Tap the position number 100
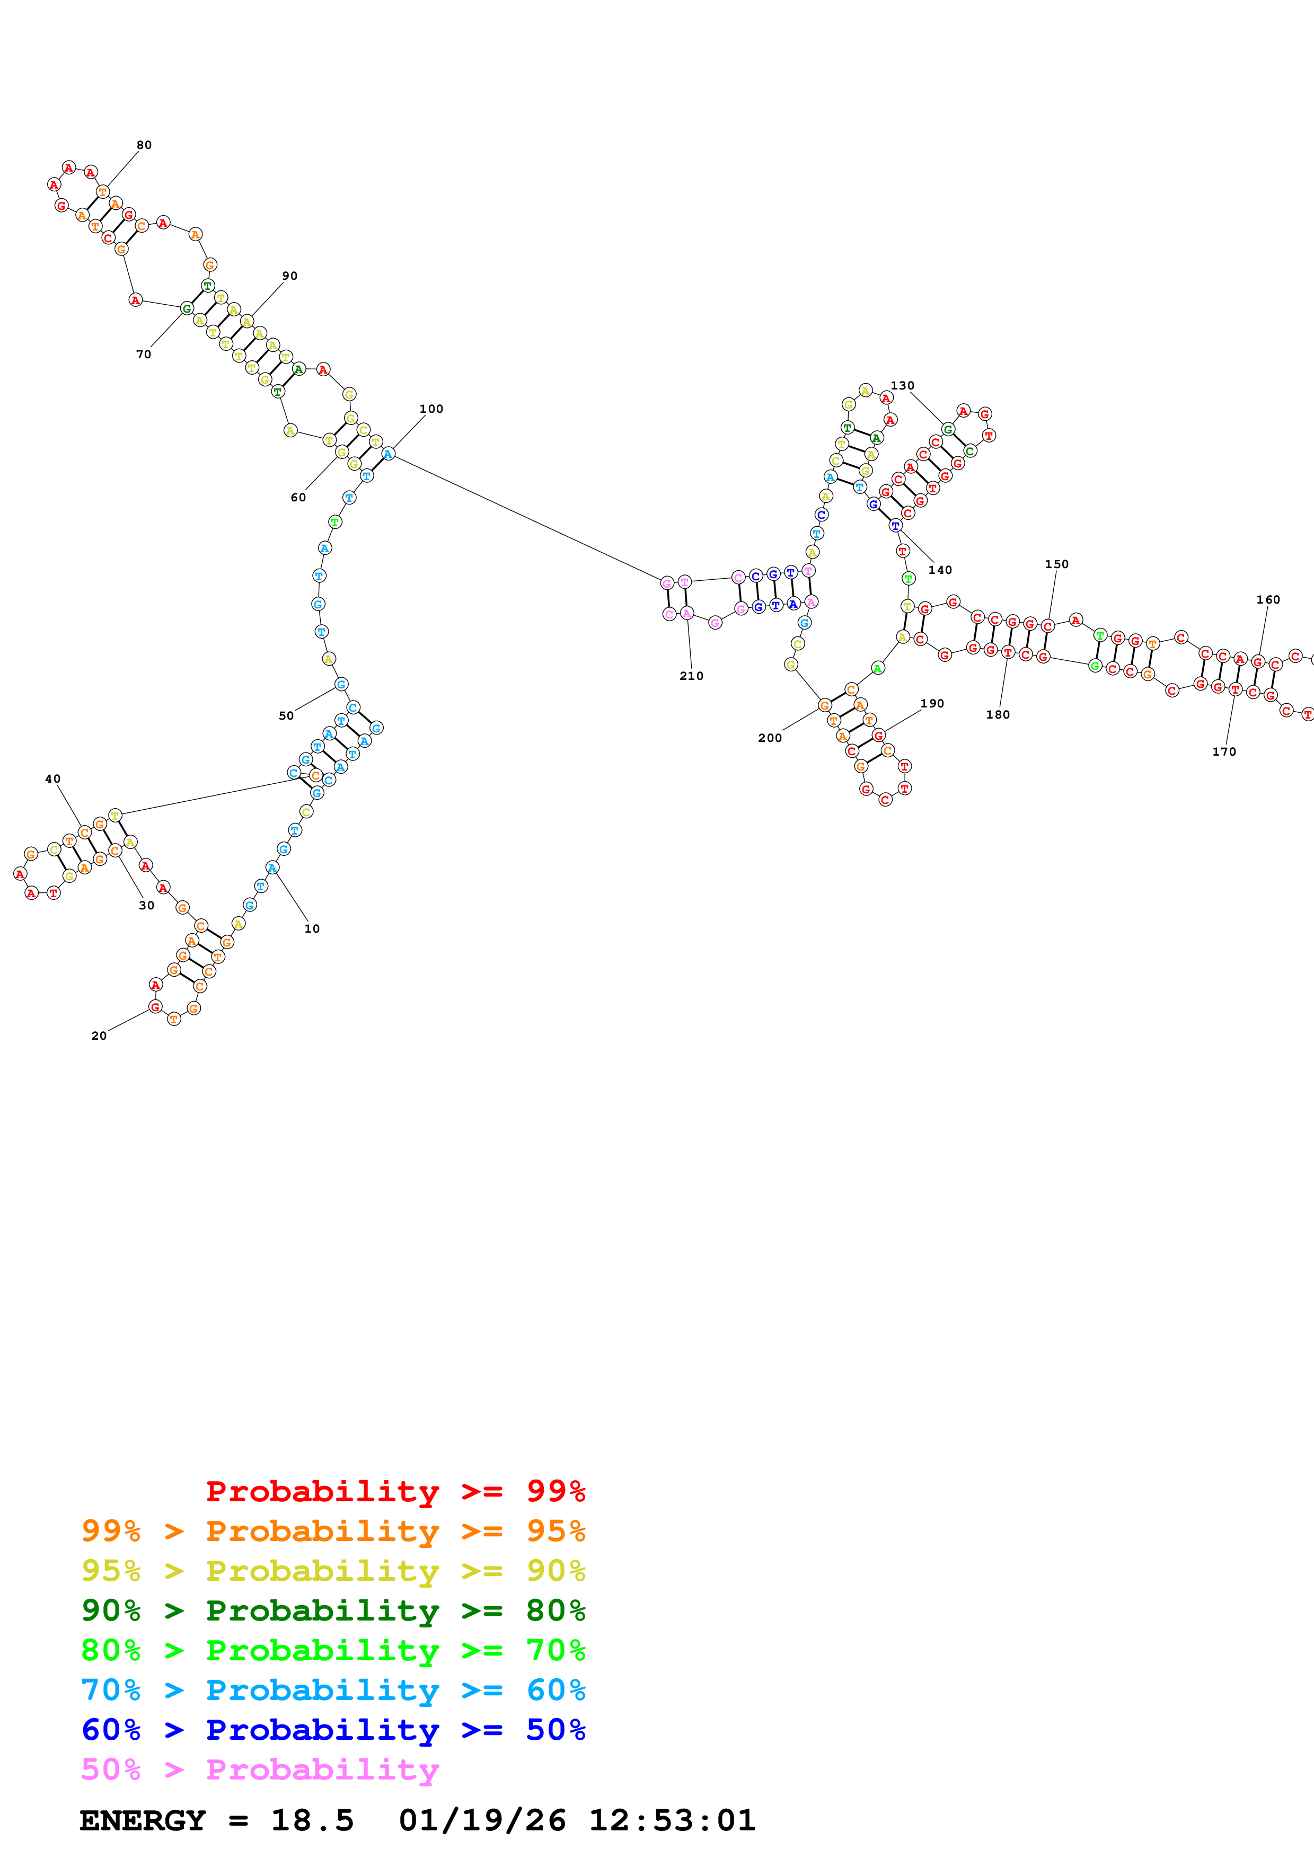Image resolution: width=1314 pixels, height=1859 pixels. click(x=431, y=410)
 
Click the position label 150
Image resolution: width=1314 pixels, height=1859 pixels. click(x=1056, y=564)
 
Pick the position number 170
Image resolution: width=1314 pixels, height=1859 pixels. click(x=1224, y=752)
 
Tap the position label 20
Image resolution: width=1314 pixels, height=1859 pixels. click(x=99, y=1035)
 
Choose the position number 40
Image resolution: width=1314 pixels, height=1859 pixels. click(x=52, y=779)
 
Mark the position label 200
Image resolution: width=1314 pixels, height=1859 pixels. click(x=770, y=738)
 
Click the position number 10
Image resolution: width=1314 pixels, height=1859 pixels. click(x=312, y=928)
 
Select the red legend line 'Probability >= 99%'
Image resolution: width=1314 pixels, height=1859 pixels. click(x=395, y=1491)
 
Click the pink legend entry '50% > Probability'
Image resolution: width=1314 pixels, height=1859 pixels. click(x=260, y=1769)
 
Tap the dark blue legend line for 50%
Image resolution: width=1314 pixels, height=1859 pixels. click(x=333, y=1730)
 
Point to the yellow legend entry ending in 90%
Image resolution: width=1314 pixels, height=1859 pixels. click(x=333, y=1571)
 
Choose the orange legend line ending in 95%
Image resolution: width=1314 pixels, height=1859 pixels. click(x=333, y=1531)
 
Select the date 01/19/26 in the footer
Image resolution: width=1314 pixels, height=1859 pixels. click(x=482, y=1820)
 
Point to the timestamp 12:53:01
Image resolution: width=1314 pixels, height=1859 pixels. click(x=672, y=1820)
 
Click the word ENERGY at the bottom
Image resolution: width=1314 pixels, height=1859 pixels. click(x=143, y=1820)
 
